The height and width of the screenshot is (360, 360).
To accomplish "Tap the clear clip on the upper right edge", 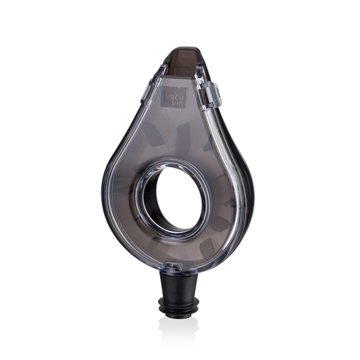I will click(211, 96).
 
